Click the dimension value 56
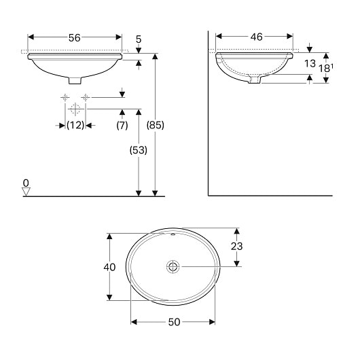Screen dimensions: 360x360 [x=75, y=38]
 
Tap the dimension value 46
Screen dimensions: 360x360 [x=255, y=38]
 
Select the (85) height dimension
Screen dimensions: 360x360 [x=156, y=125]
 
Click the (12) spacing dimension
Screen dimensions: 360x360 [x=75, y=125]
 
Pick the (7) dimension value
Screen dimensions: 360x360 [x=122, y=125]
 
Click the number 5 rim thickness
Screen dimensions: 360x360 [x=139, y=40]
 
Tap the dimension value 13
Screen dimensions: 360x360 [x=310, y=65]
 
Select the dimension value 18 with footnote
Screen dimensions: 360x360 [x=326, y=68]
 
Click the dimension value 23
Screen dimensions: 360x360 [x=236, y=247]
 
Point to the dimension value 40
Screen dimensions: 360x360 [x=109, y=267]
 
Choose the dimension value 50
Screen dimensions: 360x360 [x=173, y=323]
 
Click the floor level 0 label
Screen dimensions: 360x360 [x=26, y=183]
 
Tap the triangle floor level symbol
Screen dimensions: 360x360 [x=26, y=192]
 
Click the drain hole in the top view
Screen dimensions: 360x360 [x=173, y=266]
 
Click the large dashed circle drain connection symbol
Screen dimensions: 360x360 [x=75, y=109]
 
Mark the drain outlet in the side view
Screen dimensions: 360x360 [x=255, y=79]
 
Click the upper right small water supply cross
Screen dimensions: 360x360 [x=85, y=98]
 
